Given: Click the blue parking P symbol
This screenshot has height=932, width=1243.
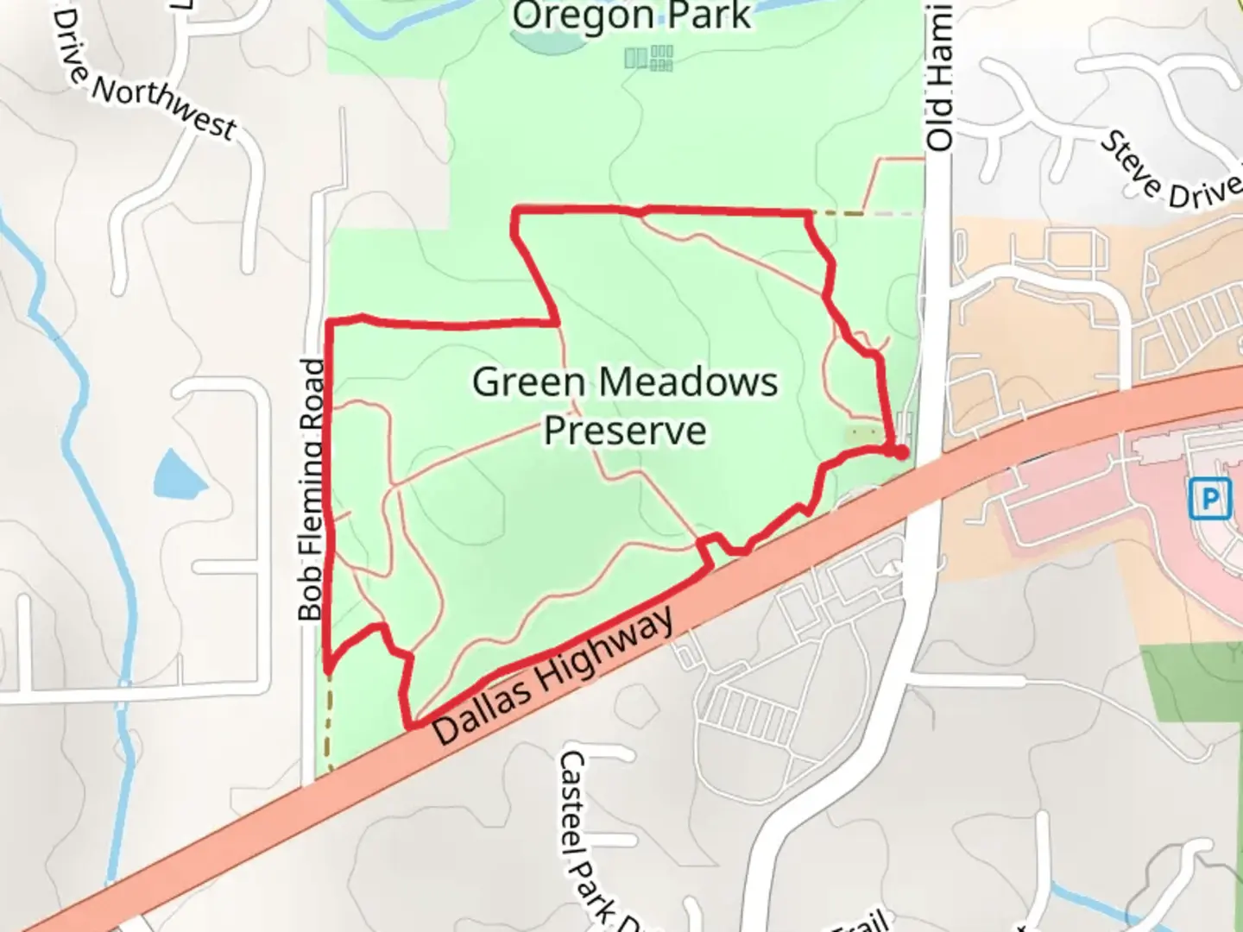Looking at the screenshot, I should (1209, 498).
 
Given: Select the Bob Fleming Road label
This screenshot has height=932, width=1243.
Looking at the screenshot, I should (312, 489).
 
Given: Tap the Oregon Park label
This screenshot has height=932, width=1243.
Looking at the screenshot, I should (631, 16).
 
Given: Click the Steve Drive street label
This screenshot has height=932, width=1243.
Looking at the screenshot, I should (1170, 170).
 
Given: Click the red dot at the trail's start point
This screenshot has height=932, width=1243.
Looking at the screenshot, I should (900, 451).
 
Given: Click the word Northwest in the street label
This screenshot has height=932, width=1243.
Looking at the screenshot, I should (164, 108).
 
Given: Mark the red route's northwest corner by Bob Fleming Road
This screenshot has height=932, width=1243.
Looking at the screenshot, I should (330, 323).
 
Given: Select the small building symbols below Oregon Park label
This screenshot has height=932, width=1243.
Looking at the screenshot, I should (649, 58).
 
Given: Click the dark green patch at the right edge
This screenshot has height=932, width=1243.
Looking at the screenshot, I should (1196, 682).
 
